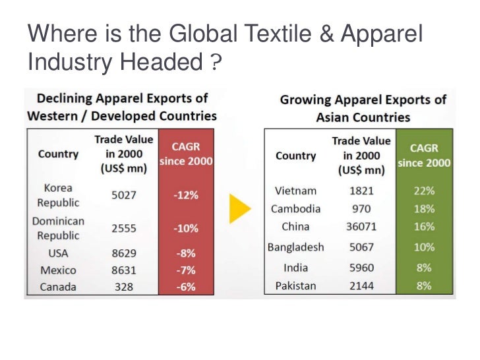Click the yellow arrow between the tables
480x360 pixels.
[240, 209]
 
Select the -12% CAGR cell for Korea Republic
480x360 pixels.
[185, 195]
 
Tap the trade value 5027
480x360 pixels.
[123, 195]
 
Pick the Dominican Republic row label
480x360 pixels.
[58, 228]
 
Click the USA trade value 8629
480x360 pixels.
[123, 253]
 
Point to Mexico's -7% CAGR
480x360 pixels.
[185, 270]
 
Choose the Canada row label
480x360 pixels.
[58, 287]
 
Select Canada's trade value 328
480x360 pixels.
[123, 287]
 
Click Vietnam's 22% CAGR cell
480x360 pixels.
[424, 191]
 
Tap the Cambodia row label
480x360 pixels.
[295, 209]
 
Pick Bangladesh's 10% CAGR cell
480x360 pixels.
[424, 247]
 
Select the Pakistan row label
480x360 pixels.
[295, 285]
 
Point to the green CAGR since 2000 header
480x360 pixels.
[424, 156]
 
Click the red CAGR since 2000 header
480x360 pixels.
[185, 153]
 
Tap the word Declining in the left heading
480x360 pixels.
[64, 98]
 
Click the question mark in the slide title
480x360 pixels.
[216, 65]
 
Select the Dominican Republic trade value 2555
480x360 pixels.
[123, 228]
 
